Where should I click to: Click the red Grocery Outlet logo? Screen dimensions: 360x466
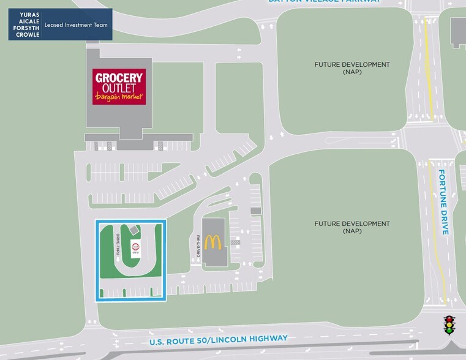119,86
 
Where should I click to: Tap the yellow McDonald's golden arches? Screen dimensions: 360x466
212,241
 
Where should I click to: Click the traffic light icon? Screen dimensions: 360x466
449,324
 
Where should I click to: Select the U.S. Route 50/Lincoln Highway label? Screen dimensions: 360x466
219,339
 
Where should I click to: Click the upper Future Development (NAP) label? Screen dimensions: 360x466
352,67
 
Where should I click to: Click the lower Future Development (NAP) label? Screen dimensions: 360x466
352,227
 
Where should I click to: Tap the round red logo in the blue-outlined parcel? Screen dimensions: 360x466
136,248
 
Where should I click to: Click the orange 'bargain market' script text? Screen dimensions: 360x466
119,97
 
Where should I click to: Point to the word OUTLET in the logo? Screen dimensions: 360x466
119,88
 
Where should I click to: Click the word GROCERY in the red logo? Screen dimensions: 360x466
119,78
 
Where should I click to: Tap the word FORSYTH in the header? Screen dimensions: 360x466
24,28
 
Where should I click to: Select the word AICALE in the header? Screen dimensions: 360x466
26,21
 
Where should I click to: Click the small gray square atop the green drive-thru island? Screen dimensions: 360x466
133,229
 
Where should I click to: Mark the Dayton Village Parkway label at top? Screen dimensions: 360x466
325,2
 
